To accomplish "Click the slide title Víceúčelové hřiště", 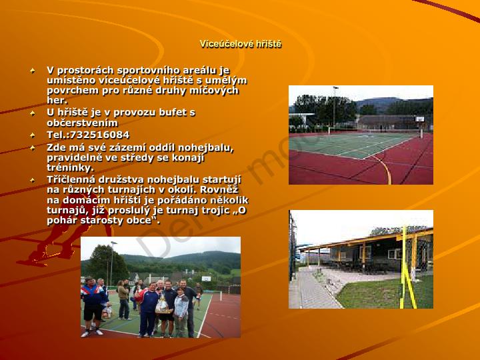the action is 240,44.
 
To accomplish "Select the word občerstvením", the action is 83,123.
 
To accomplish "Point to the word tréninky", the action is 70,168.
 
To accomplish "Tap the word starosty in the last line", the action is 99,221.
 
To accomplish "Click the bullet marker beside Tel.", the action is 33,135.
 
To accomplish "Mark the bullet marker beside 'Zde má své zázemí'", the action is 33,148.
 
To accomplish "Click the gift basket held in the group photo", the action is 162,305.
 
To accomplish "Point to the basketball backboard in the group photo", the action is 206,279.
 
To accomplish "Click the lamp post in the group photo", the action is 112,263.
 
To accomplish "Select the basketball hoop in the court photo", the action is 421,120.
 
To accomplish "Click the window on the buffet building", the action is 393,254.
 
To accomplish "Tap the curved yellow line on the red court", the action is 385,169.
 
